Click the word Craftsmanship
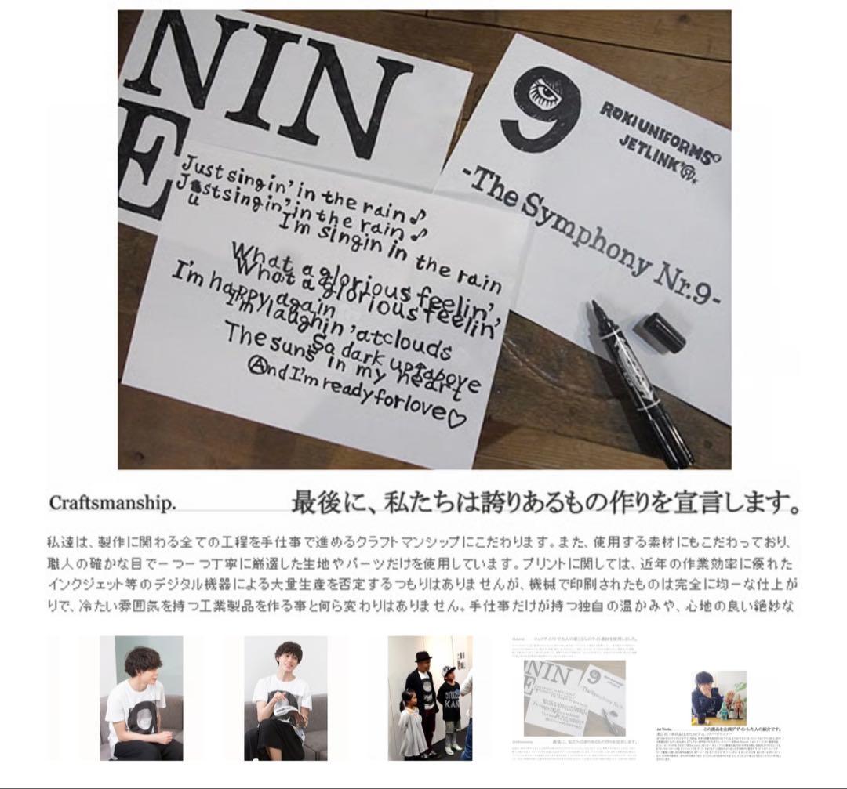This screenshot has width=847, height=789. click(x=112, y=502)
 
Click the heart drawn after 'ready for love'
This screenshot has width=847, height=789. click(x=456, y=418)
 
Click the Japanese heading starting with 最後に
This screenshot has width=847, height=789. click(x=545, y=502)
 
